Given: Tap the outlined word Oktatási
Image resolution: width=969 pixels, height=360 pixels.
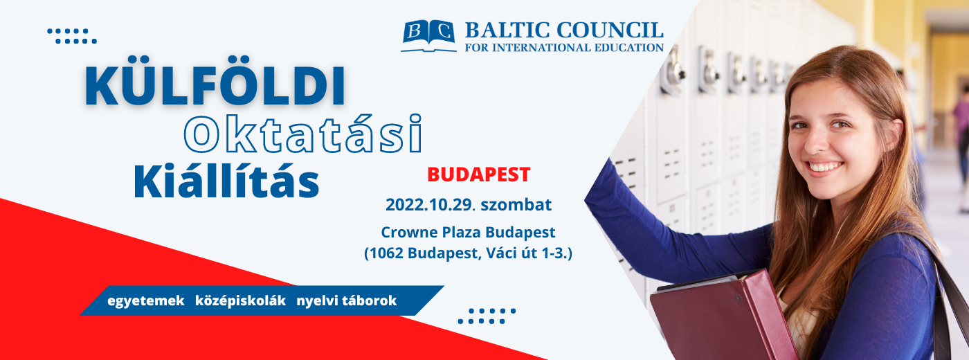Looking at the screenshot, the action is tap(303, 134).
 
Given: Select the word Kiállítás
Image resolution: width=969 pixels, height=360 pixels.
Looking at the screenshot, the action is tap(226, 181).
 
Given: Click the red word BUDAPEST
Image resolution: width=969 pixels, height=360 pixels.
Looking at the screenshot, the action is tap(478, 174).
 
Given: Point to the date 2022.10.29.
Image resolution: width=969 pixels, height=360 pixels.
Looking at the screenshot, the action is tap(428, 205).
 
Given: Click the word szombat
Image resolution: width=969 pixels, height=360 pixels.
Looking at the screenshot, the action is tap(516, 205).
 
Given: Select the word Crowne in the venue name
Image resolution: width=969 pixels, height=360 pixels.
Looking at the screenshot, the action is tap(409, 233).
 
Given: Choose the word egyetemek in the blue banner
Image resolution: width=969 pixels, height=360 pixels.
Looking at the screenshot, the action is tap(146, 300).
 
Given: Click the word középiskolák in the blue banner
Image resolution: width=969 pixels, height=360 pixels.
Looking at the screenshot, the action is tap(241, 300).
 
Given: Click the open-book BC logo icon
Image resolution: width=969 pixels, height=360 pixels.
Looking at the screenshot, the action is tap(428, 35).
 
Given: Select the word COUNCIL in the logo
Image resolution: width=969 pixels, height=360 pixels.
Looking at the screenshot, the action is tap(610, 30).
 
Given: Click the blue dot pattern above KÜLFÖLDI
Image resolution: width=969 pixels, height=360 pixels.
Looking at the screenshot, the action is tap(72, 36).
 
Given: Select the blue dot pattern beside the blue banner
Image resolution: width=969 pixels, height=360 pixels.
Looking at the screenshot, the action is tap(487, 316).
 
